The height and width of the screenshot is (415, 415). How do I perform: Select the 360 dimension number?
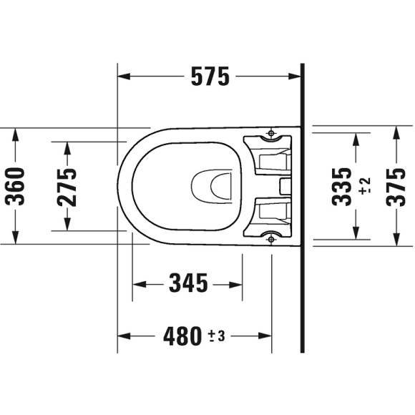click(15, 186)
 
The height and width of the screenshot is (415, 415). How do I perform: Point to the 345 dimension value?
click(188, 284)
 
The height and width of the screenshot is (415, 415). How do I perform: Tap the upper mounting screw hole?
click(271, 133)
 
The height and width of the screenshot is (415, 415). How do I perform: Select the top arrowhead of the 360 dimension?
click(15, 134)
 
